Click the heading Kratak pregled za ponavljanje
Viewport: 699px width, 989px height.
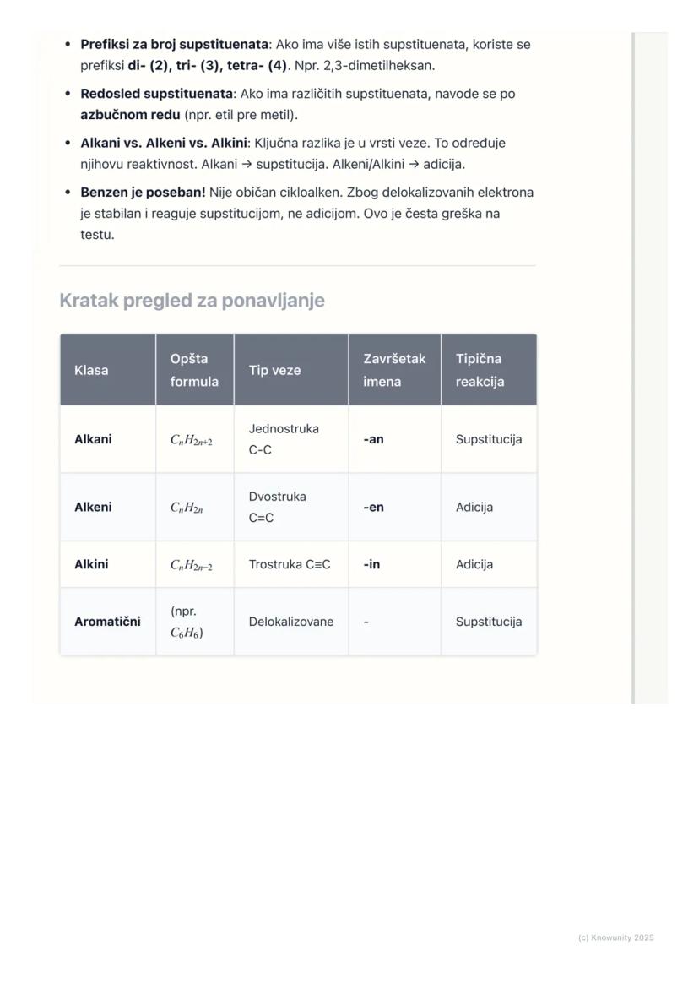192,301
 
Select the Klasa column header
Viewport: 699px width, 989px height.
91,370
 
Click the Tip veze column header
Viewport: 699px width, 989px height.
274,370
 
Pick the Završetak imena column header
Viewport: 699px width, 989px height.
394,370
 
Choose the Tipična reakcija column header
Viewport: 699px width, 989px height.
480,370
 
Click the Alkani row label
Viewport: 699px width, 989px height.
93,439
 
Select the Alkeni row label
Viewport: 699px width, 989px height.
93,508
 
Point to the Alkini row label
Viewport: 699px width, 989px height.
91,564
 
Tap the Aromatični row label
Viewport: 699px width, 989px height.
107,622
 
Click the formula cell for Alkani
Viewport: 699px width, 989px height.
192,440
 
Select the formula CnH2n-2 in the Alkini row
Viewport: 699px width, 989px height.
192,565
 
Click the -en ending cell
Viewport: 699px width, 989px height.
373,508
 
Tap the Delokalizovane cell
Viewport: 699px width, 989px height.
291,622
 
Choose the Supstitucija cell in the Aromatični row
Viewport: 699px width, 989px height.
489,622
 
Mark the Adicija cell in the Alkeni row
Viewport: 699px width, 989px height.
474,508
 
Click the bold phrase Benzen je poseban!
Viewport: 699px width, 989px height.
143,193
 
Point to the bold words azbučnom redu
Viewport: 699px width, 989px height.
130,115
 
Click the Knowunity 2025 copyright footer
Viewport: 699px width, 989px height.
615,937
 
